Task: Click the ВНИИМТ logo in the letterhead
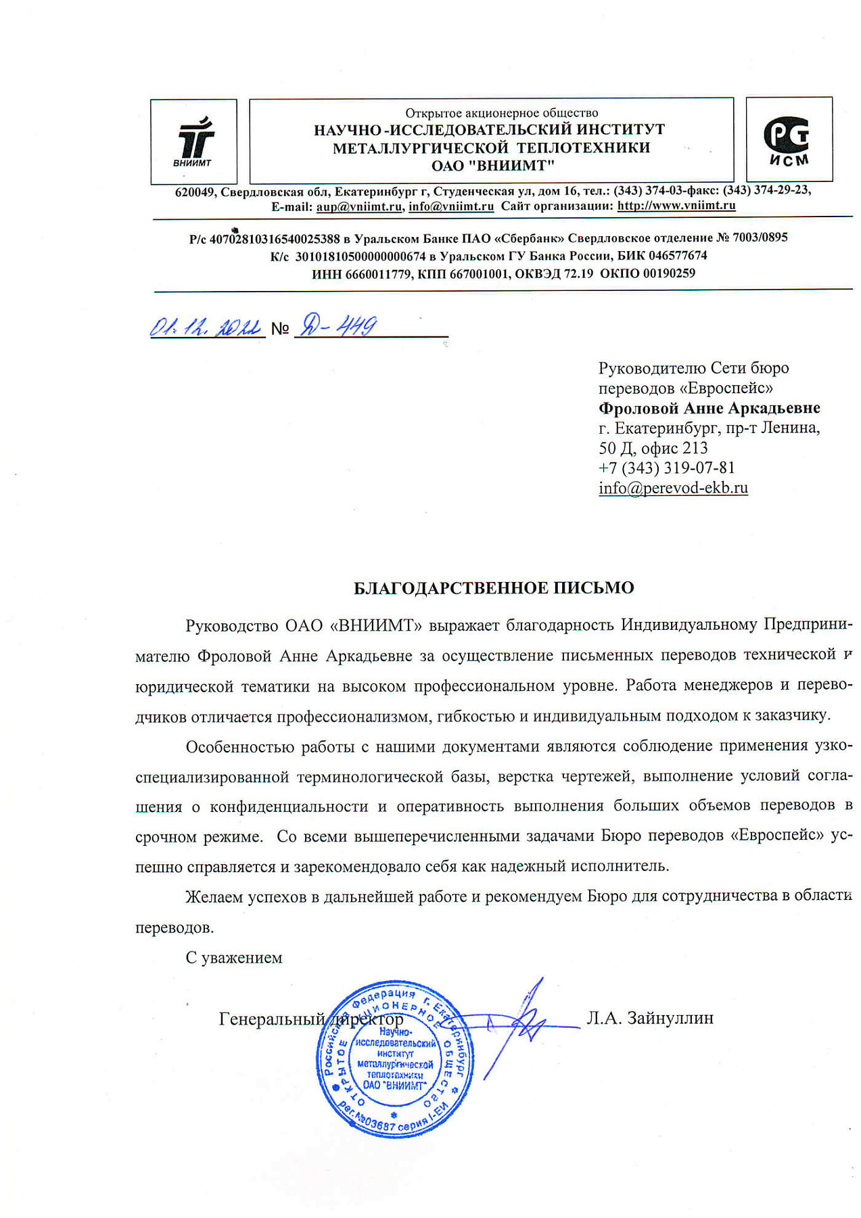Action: (x=193, y=141)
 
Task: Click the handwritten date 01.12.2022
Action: (x=206, y=328)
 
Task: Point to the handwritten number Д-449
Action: (x=337, y=327)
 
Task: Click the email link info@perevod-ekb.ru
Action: (x=673, y=488)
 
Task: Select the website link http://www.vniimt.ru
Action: (x=676, y=206)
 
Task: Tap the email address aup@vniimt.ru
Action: (x=359, y=206)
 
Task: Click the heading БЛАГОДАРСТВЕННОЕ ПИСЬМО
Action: (x=494, y=588)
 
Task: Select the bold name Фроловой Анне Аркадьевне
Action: (x=709, y=408)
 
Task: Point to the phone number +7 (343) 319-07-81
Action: (x=666, y=468)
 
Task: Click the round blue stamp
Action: (x=395, y=1060)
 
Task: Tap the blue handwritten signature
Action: (x=521, y=1022)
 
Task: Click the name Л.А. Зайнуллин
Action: (x=650, y=1018)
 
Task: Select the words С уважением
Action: (x=233, y=957)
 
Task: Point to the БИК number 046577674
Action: (x=678, y=256)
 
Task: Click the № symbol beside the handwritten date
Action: (x=279, y=329)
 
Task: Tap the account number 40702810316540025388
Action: (x=275, y=238)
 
